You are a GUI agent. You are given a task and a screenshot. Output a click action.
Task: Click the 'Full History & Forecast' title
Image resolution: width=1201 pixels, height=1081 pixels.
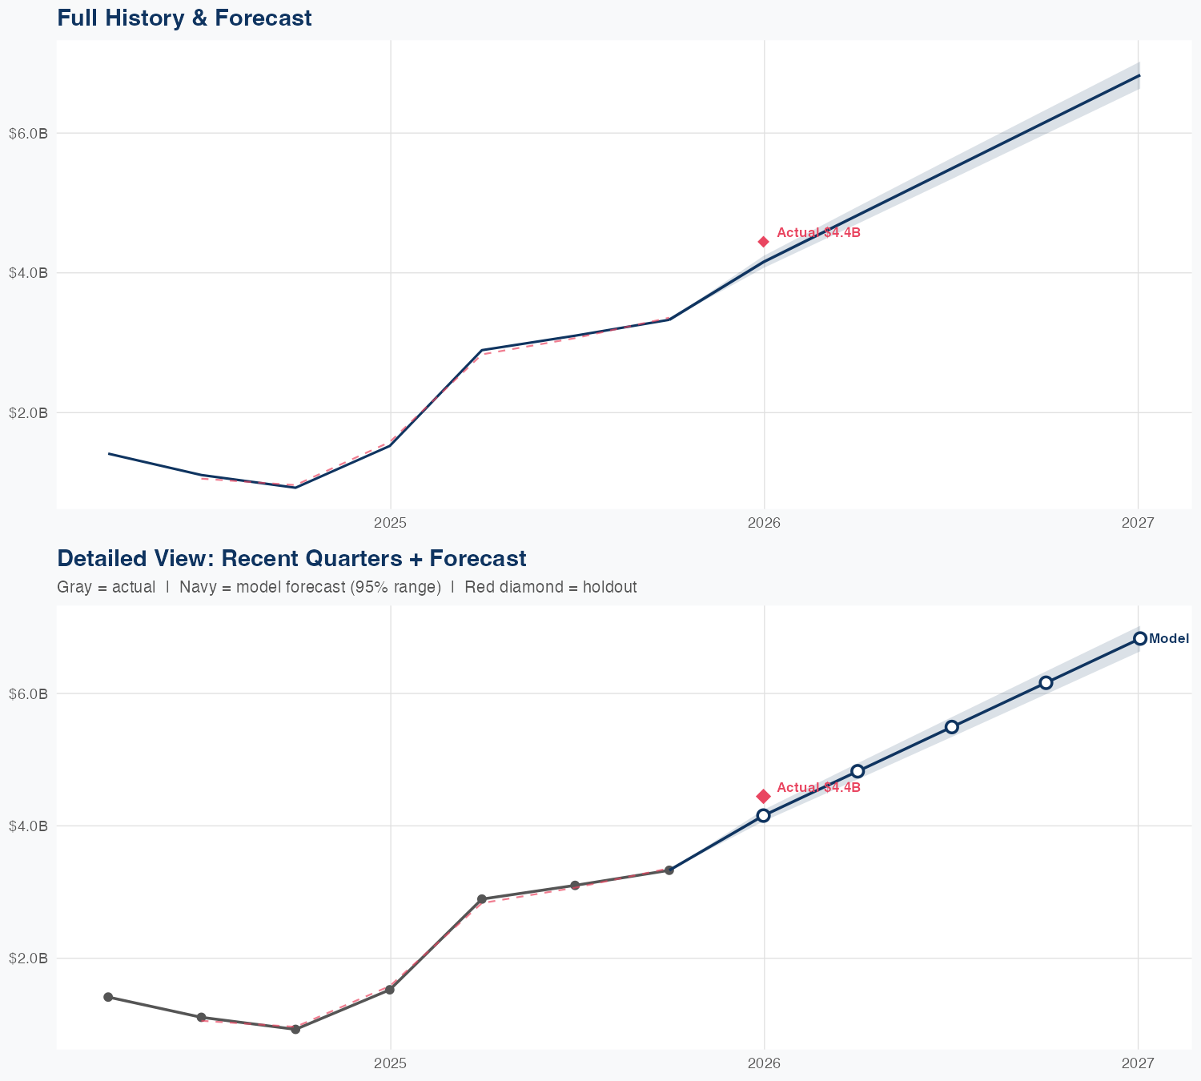click(184, 18)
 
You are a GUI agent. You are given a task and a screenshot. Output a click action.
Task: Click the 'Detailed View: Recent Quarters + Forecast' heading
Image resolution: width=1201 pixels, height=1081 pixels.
click(291, 558)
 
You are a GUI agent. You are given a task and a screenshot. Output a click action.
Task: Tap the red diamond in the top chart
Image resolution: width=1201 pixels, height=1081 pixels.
click(764, 242)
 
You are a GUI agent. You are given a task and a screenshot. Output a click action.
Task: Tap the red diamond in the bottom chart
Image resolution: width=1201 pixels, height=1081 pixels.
click(764, 796)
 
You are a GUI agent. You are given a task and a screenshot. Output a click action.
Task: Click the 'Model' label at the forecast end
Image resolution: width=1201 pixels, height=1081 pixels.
click(1169, 639)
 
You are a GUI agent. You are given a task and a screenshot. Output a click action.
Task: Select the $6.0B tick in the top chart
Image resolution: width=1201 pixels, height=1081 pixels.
click(28, 133)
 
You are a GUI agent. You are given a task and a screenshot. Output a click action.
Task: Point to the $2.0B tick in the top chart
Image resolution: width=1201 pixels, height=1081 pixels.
click(28, 413)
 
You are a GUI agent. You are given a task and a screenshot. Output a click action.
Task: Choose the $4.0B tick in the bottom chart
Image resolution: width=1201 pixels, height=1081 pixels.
click(28, 826)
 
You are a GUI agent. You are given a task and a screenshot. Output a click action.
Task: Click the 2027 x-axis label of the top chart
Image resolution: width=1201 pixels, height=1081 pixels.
click(1138, 523)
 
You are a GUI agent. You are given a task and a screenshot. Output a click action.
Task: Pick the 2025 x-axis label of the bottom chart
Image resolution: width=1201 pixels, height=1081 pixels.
click(391, 1063)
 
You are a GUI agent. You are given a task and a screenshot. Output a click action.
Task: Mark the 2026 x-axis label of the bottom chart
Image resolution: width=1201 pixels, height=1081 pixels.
click(764, 1063)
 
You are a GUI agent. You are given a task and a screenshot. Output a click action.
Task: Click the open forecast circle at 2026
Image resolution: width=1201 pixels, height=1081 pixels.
click(764, 815)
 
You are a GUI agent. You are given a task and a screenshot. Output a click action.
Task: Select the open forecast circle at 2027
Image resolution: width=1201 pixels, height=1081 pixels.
click(1139, 638)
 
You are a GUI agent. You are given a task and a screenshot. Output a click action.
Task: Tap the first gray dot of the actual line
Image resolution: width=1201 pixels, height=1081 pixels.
click(108, 997)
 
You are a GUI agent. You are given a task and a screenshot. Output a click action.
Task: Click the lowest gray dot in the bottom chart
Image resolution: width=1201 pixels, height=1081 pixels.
click(295, 1029)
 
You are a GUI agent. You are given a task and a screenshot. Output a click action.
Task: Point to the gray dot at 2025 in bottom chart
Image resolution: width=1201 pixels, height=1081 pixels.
click(390, 990)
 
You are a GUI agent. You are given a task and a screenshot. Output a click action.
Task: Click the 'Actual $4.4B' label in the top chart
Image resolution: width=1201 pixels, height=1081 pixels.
click(818, 233)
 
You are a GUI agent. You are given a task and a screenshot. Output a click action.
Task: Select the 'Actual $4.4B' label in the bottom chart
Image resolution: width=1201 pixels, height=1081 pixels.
click(818, 788)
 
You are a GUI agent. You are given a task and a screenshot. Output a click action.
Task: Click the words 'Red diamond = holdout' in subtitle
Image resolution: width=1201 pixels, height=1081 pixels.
click(551, 587)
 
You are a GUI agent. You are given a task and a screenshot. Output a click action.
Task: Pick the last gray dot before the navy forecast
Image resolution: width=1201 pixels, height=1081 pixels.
click(669, 870)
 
